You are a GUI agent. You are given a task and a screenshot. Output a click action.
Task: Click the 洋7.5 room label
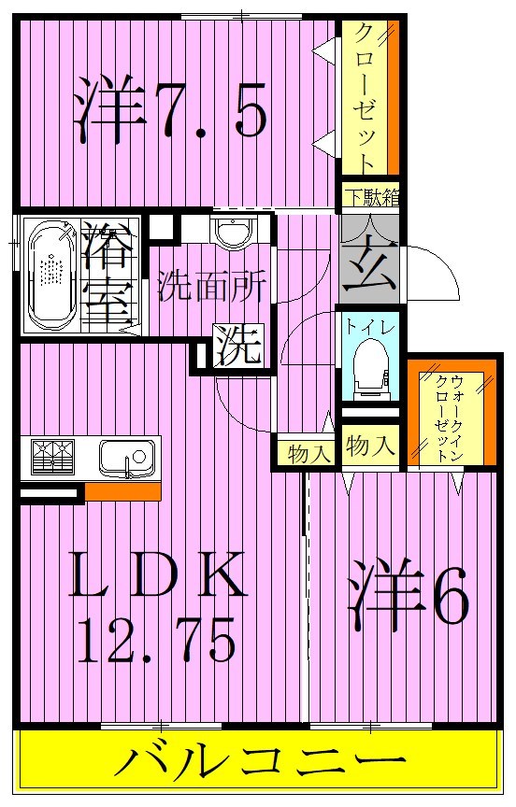pyautogui.click(x=173, y=110)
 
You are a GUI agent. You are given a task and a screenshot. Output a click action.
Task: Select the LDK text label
pyautogui.click(x=160, y=577)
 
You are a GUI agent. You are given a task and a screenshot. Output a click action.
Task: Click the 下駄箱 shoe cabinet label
pyautogui.click(x=369, y=196)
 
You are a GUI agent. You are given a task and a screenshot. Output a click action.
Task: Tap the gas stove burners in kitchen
pyautogui.click(x=53, y=459)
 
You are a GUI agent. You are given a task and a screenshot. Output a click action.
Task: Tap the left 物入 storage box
pyautogui.click(x=308, y=453)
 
